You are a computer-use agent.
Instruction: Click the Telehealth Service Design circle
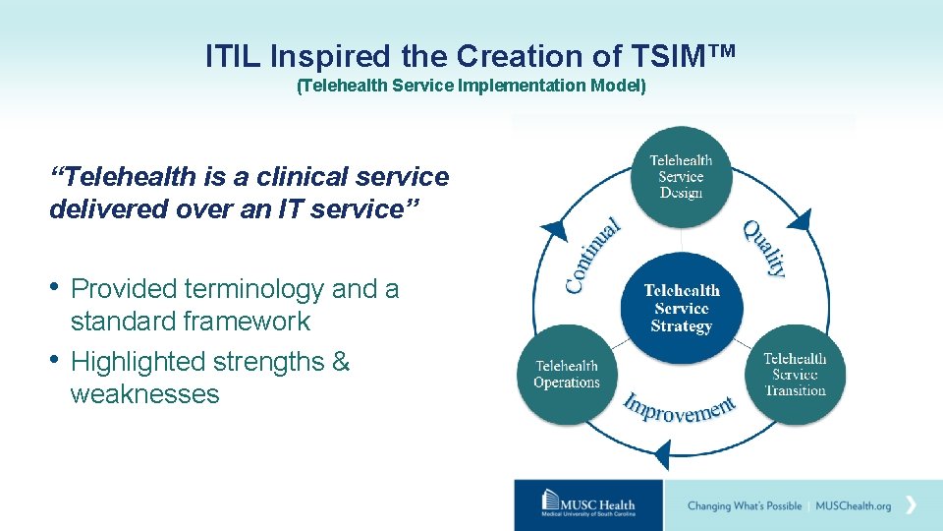(x=681, y=176)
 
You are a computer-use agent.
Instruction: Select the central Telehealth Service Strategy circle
(x=681, y=307)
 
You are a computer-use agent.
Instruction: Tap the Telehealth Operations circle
(x=567, y=375)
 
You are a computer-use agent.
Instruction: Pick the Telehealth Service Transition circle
(x=795, y=375)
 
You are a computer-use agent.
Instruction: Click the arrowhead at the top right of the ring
(x=801, y=218)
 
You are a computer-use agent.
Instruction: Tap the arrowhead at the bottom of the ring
(x=662, y=455)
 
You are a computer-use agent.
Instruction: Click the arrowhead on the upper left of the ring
(x=555, y=228)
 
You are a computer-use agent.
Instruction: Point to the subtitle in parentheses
(x=471, y=86)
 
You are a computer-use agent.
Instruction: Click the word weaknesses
(x=144, y=394)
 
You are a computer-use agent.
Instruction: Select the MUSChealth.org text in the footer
(x=853, y=506)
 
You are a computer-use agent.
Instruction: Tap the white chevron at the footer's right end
(x=912, y=504)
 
